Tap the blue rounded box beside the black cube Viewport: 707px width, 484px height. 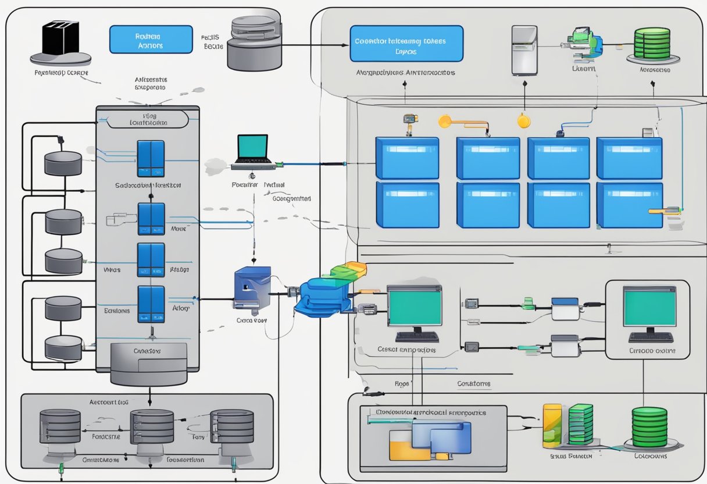151,40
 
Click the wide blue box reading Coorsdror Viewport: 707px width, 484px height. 406,43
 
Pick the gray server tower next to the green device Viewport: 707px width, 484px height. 524,50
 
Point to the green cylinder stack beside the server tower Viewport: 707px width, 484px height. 652,44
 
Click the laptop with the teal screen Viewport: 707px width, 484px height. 253,152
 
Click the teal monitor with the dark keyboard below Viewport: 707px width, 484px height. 415,312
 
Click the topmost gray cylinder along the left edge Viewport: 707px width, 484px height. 63,163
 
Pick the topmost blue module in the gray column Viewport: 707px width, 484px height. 151,158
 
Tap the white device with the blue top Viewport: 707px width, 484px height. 566,308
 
